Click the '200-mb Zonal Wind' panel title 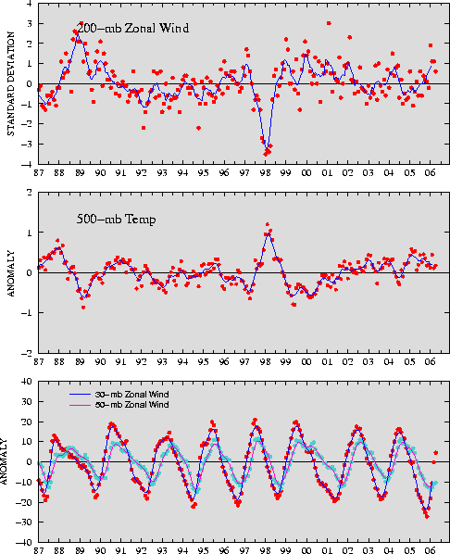pyautogui.click(x=132, y=28)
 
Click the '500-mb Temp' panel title pyautogui.click(x=117, y=219)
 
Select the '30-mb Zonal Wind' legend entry pyautogui.click(x=131, y=395)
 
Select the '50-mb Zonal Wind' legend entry pyautogui.click(x=131, y=405)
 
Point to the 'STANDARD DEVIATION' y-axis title pyautogui.click(x=11, y=83)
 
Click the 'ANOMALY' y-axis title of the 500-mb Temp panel pyautogui.click(x=11, y=274)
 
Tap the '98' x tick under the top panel pyautogui.click(x=265, y=172)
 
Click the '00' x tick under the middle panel pyautogui.click(x=306, y=362)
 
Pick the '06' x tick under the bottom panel pyautogui.click(x=430, y=550)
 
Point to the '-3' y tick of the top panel pyautogui.click(x=28, y=145)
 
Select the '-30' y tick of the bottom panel pyautogui.click(x=25, y=522)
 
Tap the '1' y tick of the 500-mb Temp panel pyautogui.click(x=30, y=233)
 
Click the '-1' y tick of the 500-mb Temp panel pyautogui.click(x=27, y=313)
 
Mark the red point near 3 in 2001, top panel pyautogui.click(x=329, y=23)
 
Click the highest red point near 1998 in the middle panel pyautogui.click(x=268, y=224)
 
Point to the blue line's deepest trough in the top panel pyautogui.click(x=268, y=147)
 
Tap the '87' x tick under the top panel pyautogui.click(x=39, y=172)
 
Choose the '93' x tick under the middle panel pyautogui.click(x=162, y=362)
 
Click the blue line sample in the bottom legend pyautogui.click(x=81, y=395)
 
